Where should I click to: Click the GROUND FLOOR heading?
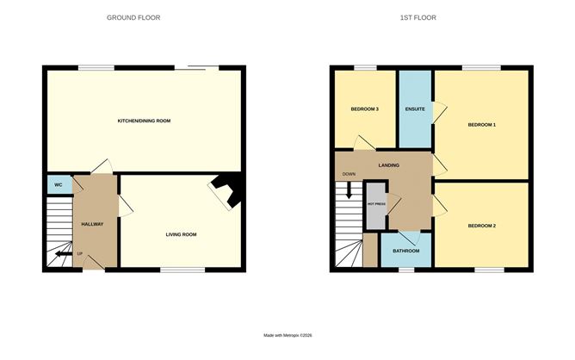click(x=133, y=17)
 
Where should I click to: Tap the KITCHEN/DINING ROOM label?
click(x=144, y=121)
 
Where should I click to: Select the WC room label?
click(x=58, y=185)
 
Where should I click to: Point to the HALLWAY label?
click(x=92, y=224)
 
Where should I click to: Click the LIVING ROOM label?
click(x=182, y=234)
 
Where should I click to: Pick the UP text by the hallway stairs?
click(x=80, y=254)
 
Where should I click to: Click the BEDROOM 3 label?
click(x=364, y=109)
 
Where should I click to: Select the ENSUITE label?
click(x=414, y=109)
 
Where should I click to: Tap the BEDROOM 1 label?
click(x=481, y=125)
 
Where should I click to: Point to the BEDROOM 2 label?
click(x=481, y=226)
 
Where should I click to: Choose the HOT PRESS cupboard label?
click(x=376, y=204)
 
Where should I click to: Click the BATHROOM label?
click(x=405, y=251)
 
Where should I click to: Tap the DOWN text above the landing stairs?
click(x=349, y=174)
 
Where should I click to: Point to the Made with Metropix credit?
click(x=287, y=335)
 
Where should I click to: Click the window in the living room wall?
click(x=182, y=270)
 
